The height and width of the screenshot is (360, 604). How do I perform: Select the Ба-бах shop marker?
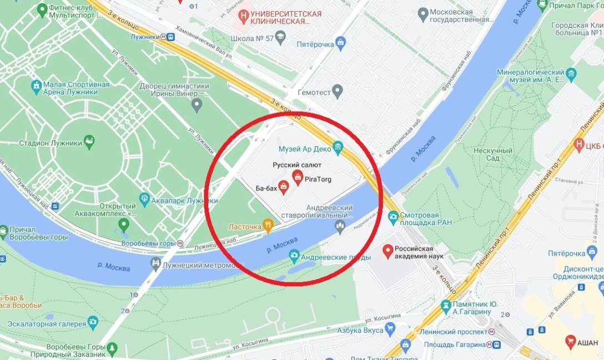coord(283,187)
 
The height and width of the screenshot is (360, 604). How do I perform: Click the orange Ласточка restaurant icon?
coord(269,225)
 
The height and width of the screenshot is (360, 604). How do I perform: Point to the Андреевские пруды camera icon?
coord(294,256)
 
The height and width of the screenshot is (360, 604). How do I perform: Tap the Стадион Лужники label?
coord(50,142)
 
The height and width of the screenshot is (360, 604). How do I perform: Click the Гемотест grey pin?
coord(337,90)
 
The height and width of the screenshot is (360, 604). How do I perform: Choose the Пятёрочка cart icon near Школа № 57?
coord(340,42)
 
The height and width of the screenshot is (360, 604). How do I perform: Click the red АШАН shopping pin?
coord(570,341)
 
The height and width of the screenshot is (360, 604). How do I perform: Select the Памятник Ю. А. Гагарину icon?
coord(446,305)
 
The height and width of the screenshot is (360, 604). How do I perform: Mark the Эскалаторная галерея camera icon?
coord(93,322)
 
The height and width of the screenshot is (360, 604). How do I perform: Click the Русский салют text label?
coord(297,165)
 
